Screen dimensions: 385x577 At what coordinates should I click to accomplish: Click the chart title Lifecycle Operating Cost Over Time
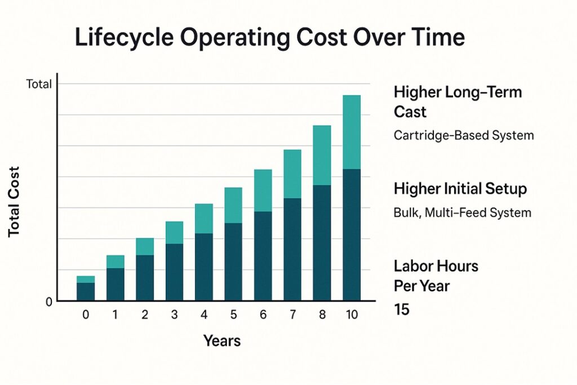(270, 37)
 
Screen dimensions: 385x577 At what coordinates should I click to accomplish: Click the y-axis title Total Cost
(14, 201)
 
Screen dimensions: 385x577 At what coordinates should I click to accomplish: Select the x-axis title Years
(222, 340)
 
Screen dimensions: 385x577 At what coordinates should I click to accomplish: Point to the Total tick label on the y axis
(38, 85)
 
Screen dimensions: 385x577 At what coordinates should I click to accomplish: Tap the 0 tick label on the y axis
(48, 302)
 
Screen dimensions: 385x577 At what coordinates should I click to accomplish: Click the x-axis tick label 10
(352, 316)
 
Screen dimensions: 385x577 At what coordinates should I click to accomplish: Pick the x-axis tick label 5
(233, 316)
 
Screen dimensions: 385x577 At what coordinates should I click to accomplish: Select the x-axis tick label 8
(322, 316)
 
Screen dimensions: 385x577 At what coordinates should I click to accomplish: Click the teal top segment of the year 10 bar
(352, 132)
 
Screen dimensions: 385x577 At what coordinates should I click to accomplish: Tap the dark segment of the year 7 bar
(292, 249)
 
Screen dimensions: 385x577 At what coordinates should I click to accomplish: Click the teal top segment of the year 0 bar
(86, 280)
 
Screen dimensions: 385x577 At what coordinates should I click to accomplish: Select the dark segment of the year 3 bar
(174, 272)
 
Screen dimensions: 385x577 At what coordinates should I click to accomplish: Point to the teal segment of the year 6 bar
(263, 191)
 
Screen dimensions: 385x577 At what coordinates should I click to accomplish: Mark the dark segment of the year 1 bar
(116, 284)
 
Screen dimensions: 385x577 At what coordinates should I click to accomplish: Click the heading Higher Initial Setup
(460, 189)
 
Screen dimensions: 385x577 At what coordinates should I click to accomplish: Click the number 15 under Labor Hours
(402, 309)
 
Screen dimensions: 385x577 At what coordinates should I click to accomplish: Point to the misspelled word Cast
(410, 112)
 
